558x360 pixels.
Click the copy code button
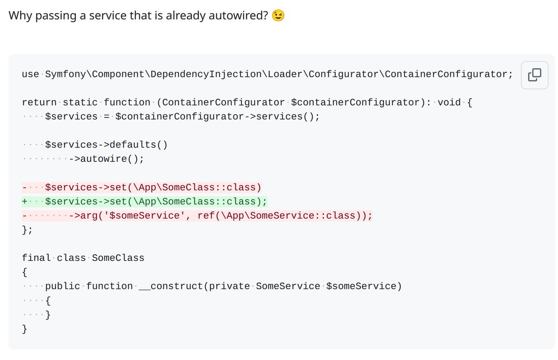click(535, 74)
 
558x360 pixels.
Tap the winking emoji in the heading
click(279, 16)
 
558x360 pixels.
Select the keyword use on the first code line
click(31, 74)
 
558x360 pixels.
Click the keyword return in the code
click(39, 102)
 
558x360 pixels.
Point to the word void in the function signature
click(449, 102)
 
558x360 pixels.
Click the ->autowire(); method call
click(106, 159)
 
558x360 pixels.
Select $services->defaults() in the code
click(106, 145)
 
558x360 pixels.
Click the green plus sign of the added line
click(25, 201)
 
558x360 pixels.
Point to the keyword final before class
click(36, 258)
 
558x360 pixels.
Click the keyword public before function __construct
click(63, 286)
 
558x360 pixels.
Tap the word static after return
click(80, 102)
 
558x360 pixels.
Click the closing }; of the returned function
click(27, 230)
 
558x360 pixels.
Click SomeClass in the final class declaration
click(118, 258)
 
